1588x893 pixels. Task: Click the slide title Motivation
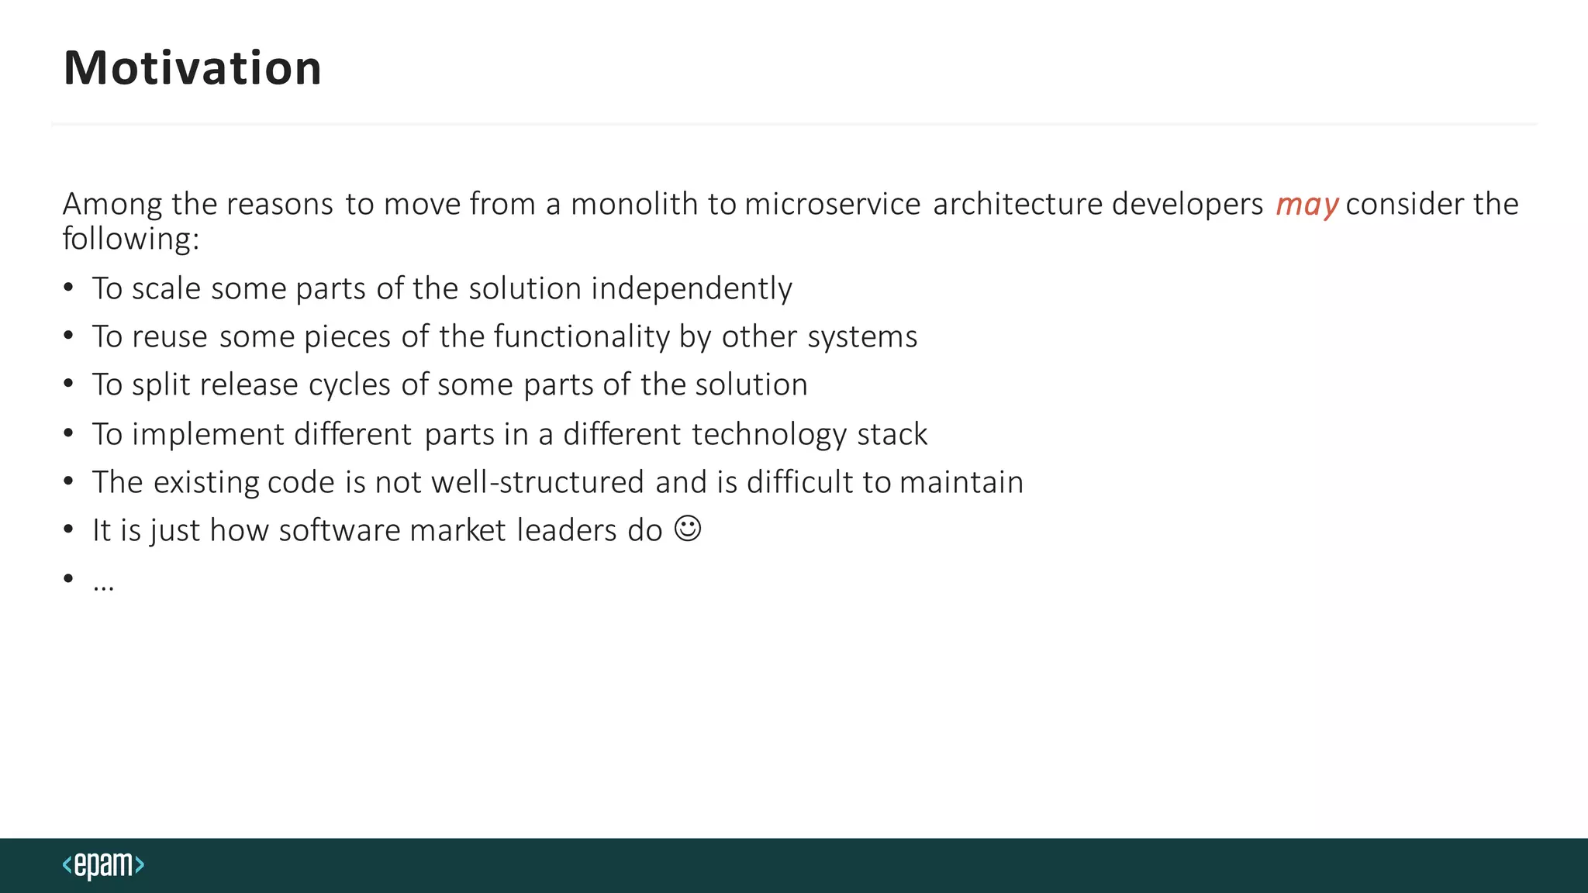(x=192, y=68)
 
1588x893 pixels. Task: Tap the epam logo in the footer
(x=103, y=865)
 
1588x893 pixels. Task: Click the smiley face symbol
(x=688, y=529)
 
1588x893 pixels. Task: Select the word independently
(x=692, y=289)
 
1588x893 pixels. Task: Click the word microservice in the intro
(x=833, y=204)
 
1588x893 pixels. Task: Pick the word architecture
(x=1017, y=204)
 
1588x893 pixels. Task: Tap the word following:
(x=131, y=239)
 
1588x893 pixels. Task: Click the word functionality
(x=582, y=337)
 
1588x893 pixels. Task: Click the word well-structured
(x=537, y=482)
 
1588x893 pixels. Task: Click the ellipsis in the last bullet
(x=103, y=584)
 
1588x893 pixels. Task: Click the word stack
(x=892, y=435)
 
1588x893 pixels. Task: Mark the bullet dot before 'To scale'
(x=69, y=288)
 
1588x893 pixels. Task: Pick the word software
(x=339, y=531)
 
